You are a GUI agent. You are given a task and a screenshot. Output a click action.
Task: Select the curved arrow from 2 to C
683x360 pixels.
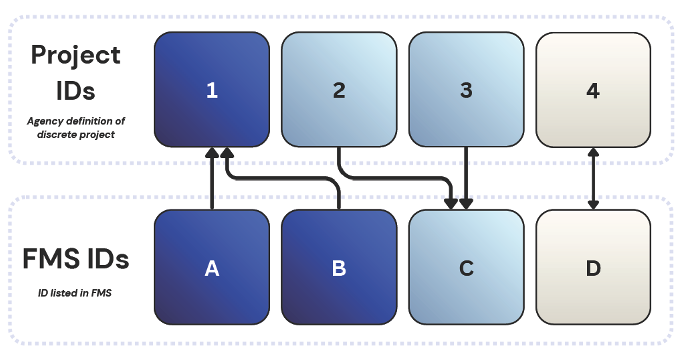point(396,177)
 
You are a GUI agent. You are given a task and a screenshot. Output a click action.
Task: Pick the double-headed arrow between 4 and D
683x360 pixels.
point(593,178)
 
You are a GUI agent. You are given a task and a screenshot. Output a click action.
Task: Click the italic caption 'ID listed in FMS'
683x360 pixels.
point(75,293)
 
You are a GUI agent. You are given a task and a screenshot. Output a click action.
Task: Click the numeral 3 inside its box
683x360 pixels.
point(466,90)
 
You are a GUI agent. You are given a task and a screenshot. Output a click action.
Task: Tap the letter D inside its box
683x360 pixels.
point(593,269)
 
